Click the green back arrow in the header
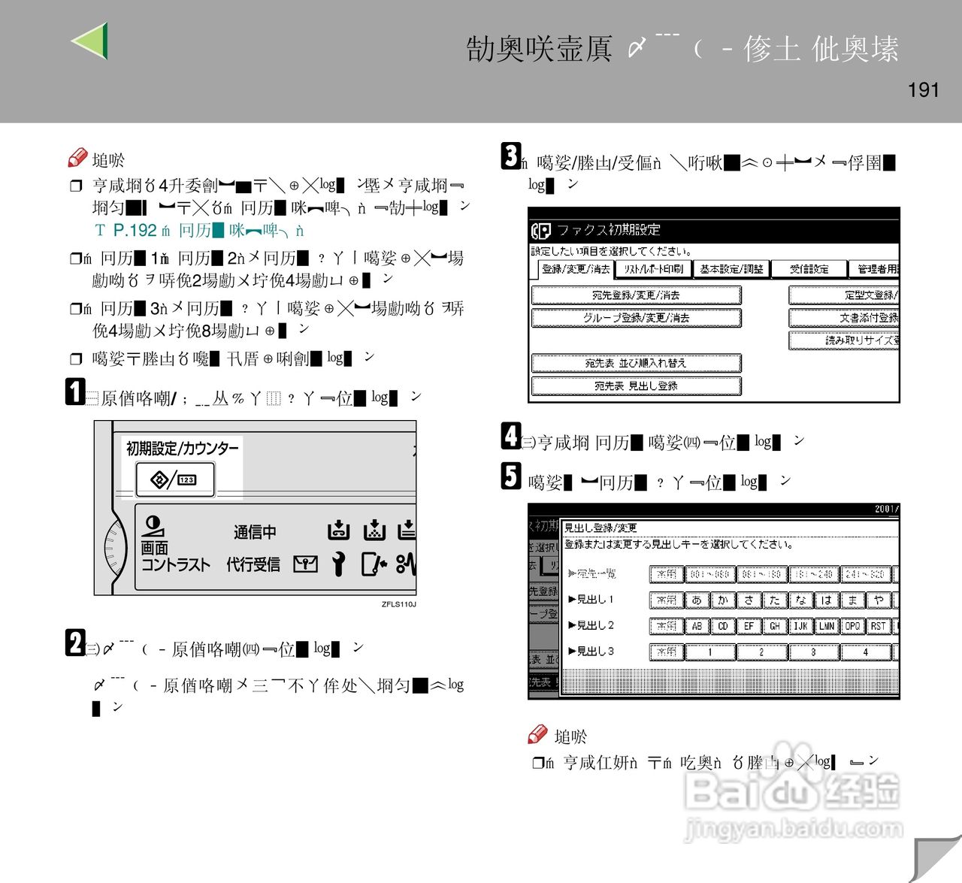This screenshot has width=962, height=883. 91,41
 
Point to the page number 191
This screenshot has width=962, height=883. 923,90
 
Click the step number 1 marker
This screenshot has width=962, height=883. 74,392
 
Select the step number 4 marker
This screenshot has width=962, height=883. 511,436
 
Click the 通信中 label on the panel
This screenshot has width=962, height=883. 255,532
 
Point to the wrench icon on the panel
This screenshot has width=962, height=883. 339,564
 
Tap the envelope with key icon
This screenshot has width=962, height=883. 305,564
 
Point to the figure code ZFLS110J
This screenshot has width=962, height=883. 398,604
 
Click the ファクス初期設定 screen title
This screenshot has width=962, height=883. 609,230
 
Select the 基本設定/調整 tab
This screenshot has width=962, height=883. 731,269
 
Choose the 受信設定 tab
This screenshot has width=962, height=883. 809,269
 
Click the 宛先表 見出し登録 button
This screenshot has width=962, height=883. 636,386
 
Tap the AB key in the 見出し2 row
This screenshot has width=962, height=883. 697,626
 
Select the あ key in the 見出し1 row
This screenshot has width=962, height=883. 697,600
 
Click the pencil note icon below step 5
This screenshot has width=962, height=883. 537,734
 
